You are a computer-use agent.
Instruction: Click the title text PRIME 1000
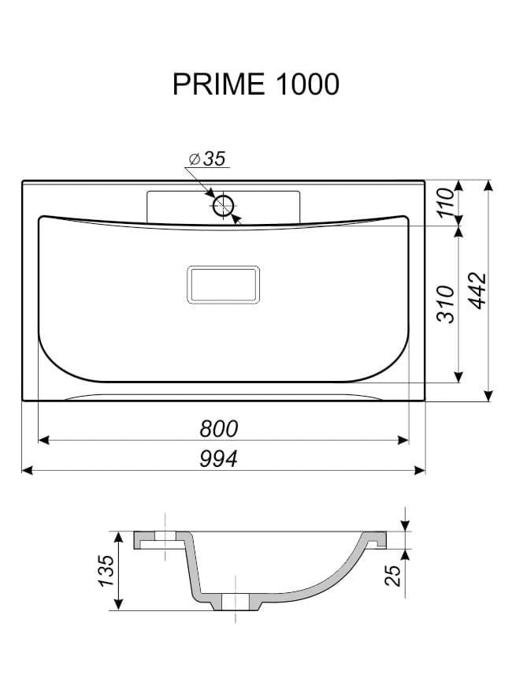pyautogui.click(x=256, y=84)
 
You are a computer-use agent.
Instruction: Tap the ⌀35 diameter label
pyautogui.click(x=207, y=159)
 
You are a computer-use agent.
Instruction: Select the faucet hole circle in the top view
pyautogui.click(x=223, y=206)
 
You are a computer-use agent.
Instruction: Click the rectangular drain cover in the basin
pyautogui.click(x=223, y=285)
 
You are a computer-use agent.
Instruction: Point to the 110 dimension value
pyautogui.click(x=447, y=202)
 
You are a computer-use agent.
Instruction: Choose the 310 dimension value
pyautogui.click(x=446, y=304)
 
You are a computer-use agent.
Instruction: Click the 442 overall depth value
pyautogui.click(x=477, y=291)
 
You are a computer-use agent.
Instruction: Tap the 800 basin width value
pyautogui.click(x=219, y=429)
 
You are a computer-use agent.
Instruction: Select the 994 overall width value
pyautogui.click(x=218, y=458)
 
